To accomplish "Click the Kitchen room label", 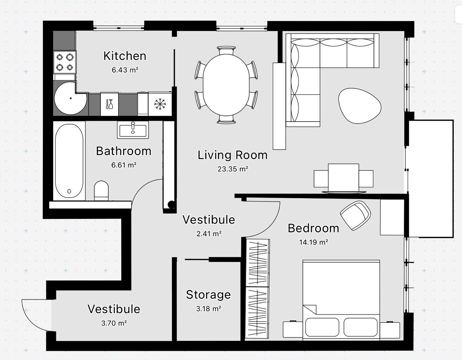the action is (x=125, y=56).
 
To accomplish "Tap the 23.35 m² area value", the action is (x=232, y=169).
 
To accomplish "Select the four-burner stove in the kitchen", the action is (x=65, y=62).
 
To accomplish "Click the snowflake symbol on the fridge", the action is (x=160, y=104).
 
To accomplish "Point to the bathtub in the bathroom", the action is (x=69, y=161).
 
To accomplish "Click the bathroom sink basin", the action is (x=133, y=130).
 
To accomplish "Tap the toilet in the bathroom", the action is (x=101, y=190).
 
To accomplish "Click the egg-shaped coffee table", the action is (x=359, y=106).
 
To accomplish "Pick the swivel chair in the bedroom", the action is (x=356, y=215).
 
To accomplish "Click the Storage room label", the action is (x=208, y=295).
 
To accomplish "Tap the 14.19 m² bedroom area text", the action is (x=314, y=242).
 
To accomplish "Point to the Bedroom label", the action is (x=313, y=228).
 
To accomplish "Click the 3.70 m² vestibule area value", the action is (x=114, y=323).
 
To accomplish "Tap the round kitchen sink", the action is (x=71, y=98).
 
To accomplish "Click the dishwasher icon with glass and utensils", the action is (x=109, y=104).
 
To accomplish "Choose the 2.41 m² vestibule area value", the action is (x=209, y=234).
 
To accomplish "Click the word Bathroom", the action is (x=123, y=151).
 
